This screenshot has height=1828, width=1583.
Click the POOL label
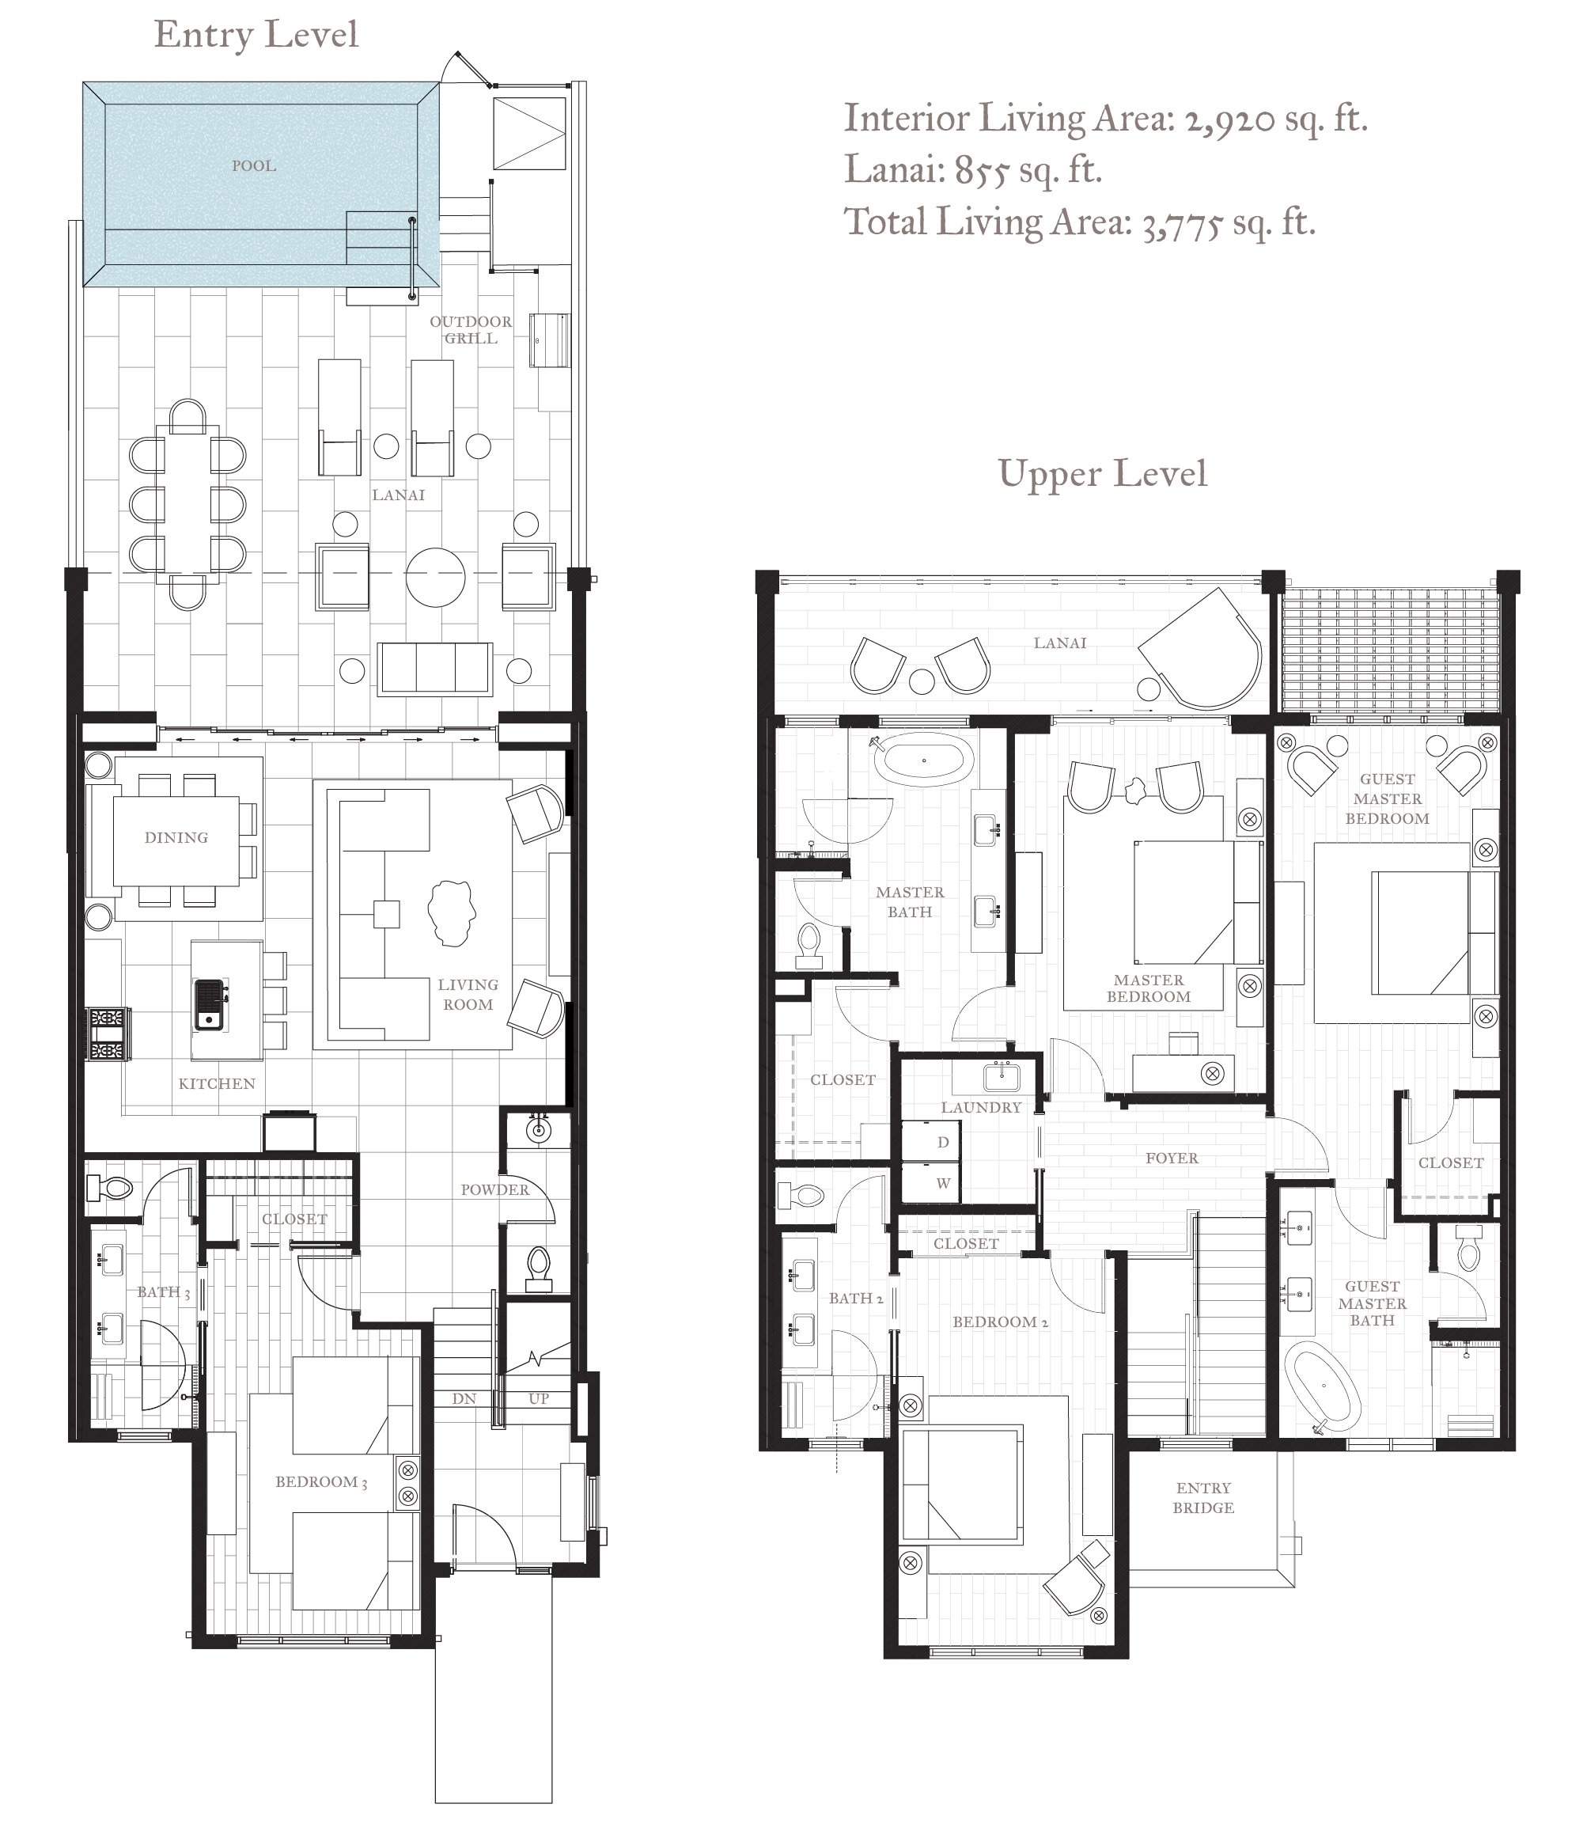[253, 165]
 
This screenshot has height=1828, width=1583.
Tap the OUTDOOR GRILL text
[471, 329]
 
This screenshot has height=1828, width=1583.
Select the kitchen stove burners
[108, 1033]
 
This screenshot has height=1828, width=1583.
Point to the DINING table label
[176, 836]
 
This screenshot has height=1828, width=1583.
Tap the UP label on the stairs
[539, 1398]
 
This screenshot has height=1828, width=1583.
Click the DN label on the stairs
[464, 1398]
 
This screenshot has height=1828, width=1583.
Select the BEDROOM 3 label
[321, 1481]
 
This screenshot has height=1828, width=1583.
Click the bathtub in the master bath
[925, 760]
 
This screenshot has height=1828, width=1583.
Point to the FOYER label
[1172, 1158]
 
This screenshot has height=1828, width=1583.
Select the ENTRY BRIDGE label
[1203, 1497]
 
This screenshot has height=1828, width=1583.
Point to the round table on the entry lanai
[434, 578]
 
